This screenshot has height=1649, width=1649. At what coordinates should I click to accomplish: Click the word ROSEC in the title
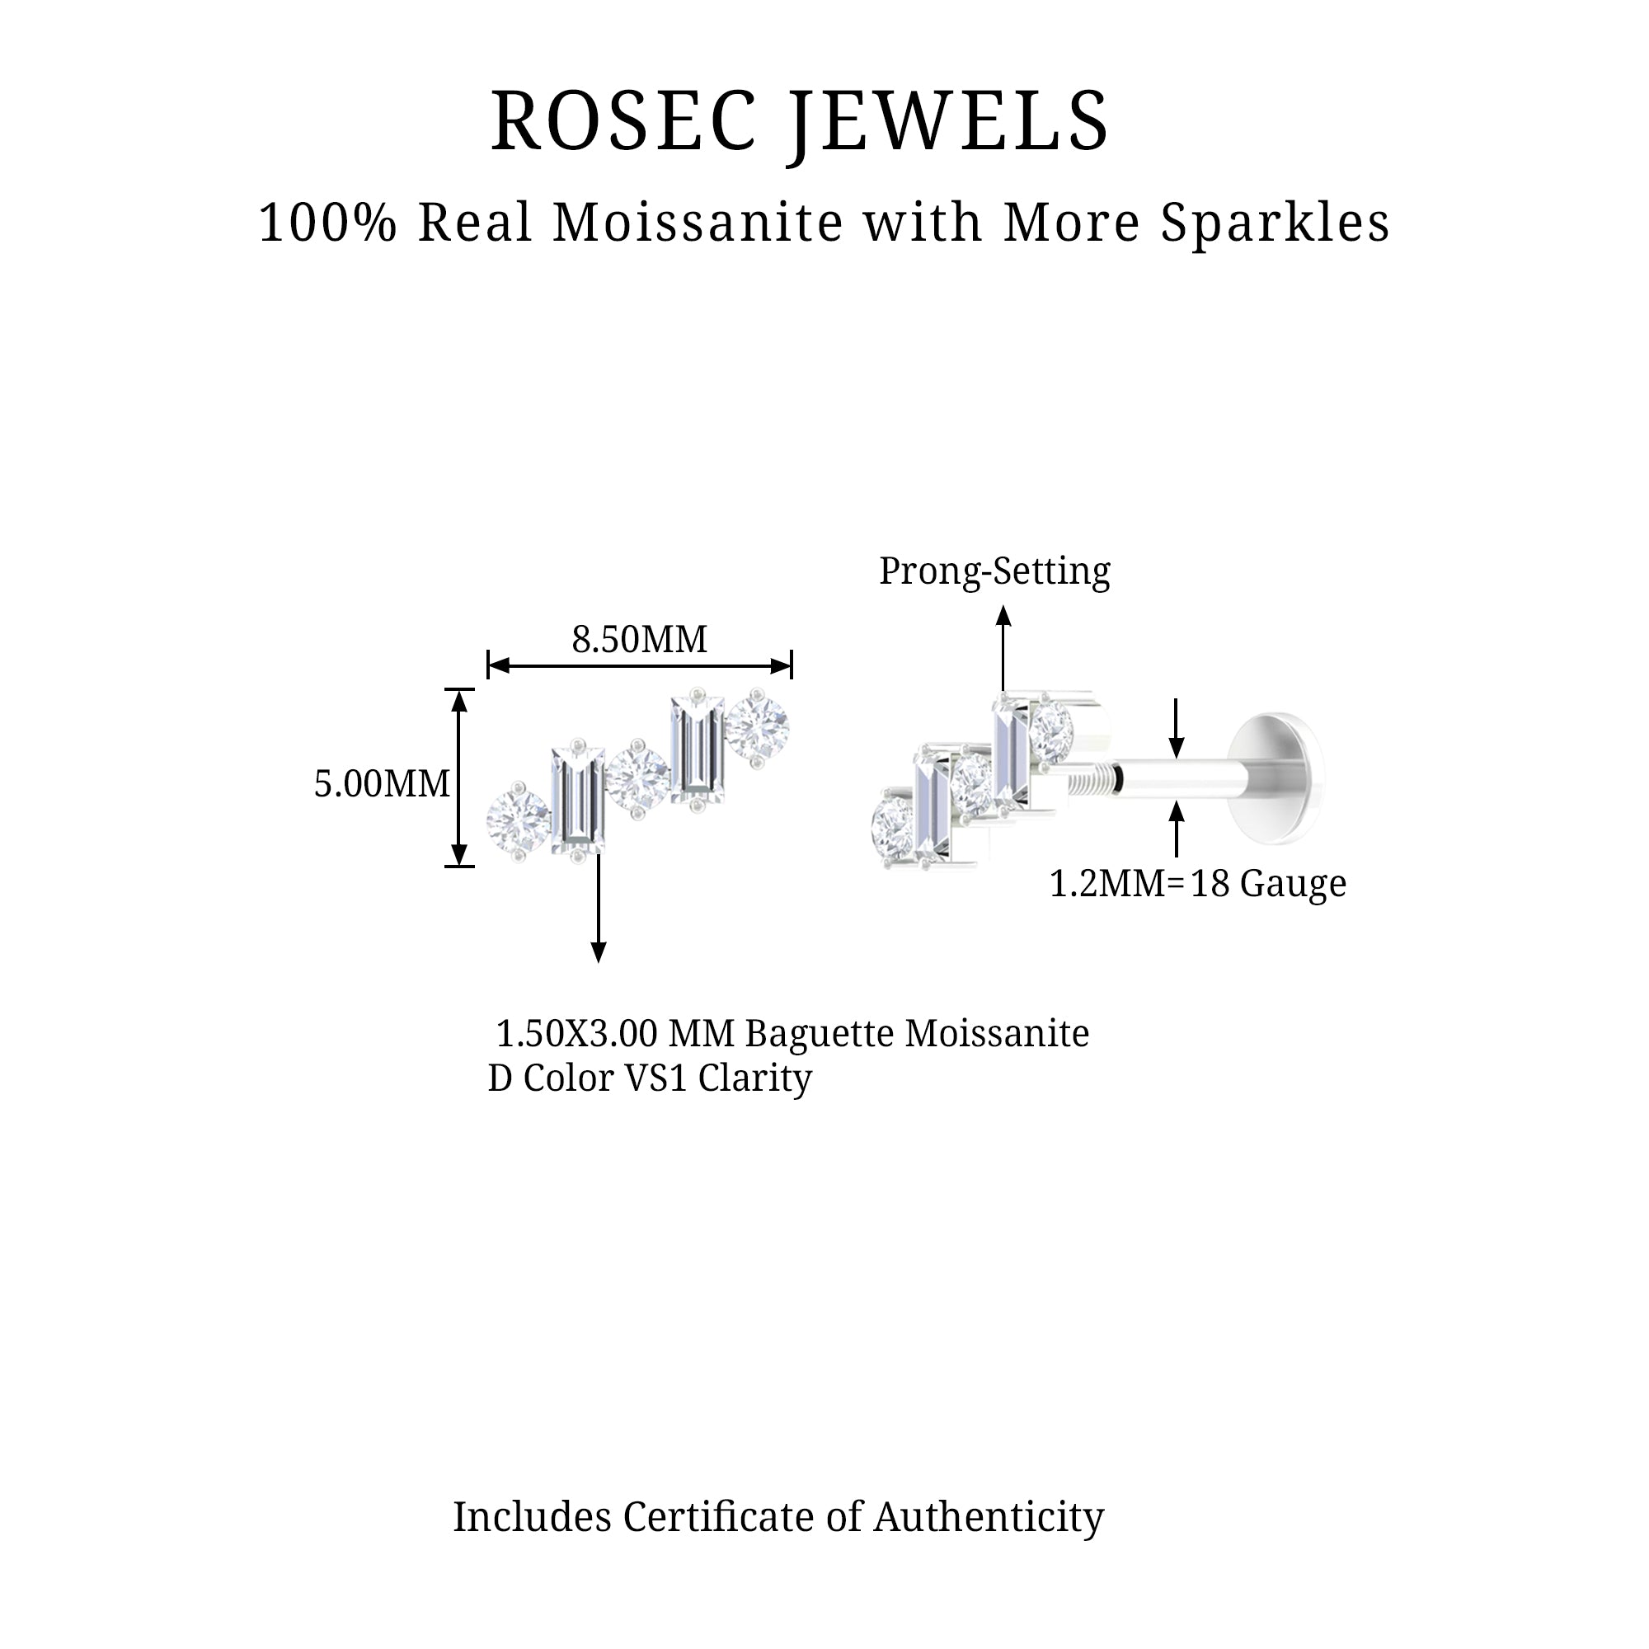[x=624, y=120]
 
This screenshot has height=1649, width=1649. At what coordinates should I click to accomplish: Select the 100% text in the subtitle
[x=328, y=223]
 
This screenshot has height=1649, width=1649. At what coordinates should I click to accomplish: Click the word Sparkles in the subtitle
[x=1276, y=223]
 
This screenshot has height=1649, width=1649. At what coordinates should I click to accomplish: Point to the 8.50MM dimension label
[x=639, y=639]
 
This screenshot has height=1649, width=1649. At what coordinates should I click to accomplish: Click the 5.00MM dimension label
[x=382, y=783]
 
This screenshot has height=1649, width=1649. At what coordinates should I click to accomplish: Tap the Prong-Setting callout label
[x=994, y=571]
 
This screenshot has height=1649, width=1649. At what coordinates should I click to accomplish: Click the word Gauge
[x=1293, y=884]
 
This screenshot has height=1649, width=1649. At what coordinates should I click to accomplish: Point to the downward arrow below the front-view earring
[x=599, y=907]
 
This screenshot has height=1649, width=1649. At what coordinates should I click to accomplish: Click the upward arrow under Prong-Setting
[x=1003, y=649]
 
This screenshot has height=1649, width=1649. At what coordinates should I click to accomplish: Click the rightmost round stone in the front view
[x=757, y=726]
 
